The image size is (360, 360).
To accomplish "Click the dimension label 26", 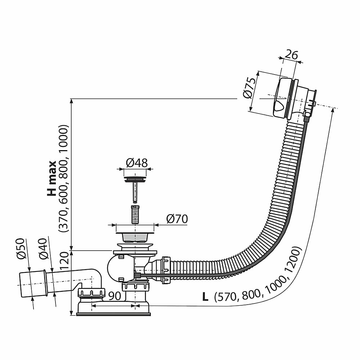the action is (291, 55).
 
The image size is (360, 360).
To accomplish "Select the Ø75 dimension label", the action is (249, 88).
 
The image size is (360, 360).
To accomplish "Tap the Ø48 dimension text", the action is (136, 163).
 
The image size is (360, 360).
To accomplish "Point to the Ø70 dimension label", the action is (177, 219).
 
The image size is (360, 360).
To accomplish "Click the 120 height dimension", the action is (64, 261).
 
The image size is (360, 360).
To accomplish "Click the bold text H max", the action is (52, 178).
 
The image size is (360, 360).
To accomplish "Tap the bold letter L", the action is (205, 297).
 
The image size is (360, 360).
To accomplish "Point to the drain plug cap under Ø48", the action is (135, 179).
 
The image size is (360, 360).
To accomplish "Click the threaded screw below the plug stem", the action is (135, 215).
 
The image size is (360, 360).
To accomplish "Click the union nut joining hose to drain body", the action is (166, 270).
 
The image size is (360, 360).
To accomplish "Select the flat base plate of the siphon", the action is (113, 314).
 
